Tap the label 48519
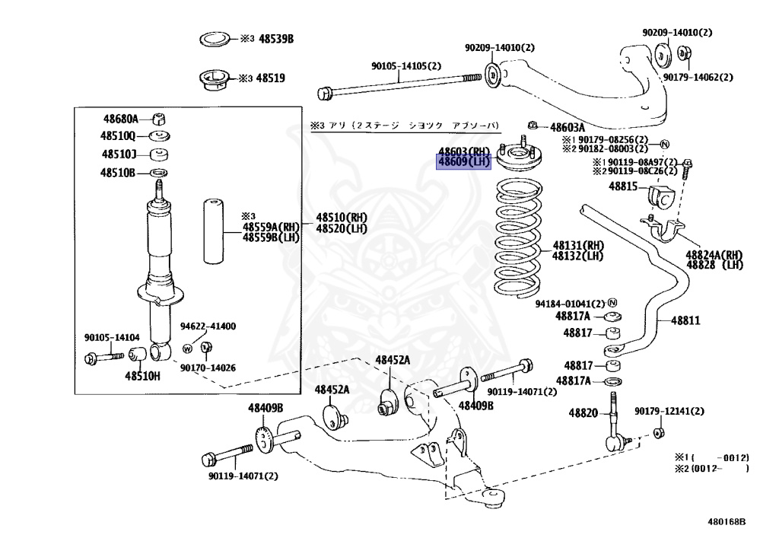click(270, 78)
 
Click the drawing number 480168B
click(727, 522)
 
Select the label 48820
click(583, 412)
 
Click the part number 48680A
click(121, 119)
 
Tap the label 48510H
click(142, 375)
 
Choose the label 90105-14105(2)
click(406, 65)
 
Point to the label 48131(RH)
click(578, 245)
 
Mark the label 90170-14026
click(208, 368)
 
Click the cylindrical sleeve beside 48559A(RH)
click(214, 231)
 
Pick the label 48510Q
click(119, 136)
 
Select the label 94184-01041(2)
click(570, 303)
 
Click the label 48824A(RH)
click(714, 254)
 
